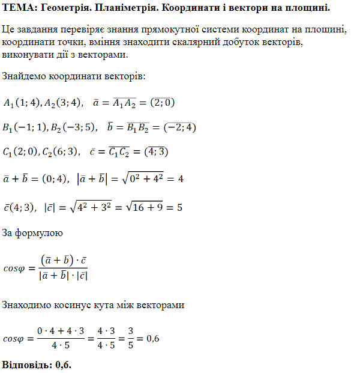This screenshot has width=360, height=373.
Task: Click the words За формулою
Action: [32, 232]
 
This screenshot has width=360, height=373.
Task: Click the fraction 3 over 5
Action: [130, 339]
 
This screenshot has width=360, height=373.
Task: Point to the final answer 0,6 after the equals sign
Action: [152, 339]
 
